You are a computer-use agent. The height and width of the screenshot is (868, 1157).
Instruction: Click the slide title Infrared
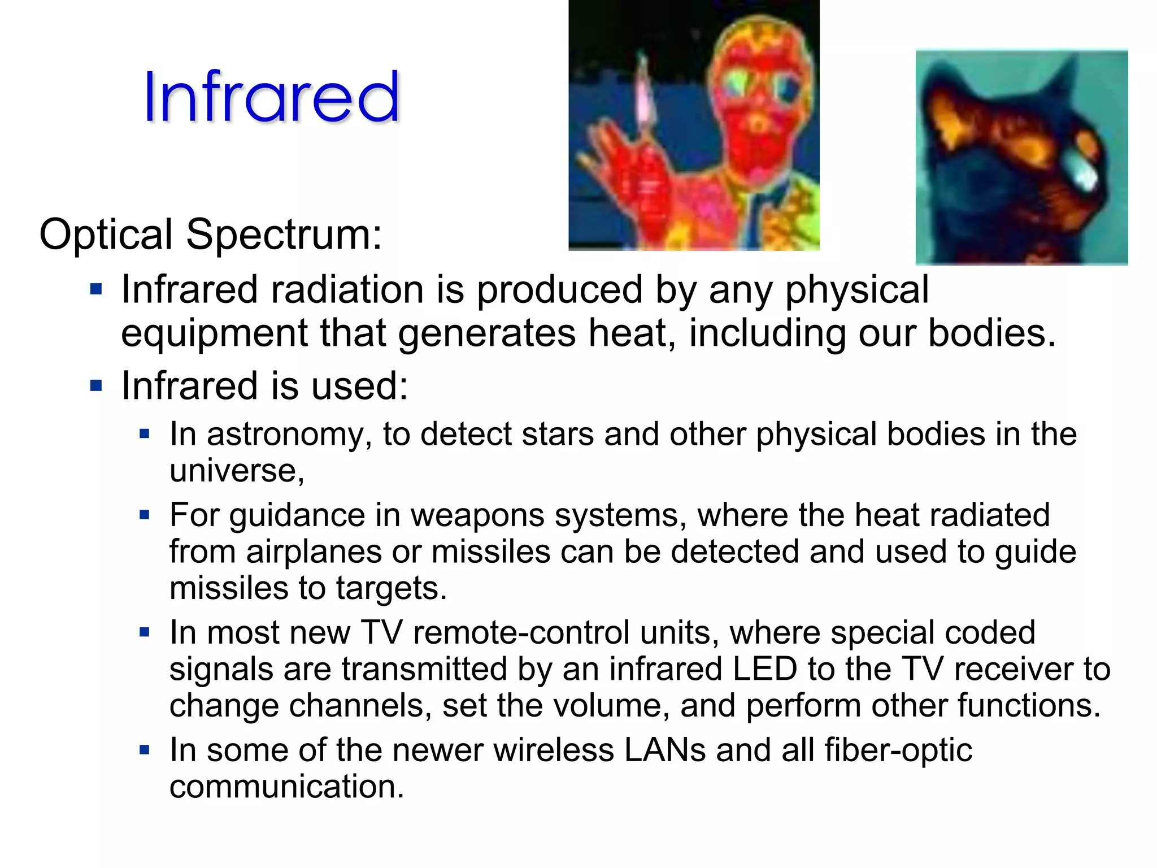click(x=271, y=97)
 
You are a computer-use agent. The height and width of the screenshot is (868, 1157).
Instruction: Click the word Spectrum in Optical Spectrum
click(x=284, y=235)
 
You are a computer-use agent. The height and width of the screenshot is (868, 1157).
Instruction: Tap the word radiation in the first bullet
click(x=347, y=290)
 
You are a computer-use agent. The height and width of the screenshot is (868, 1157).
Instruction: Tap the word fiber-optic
click(x=898, y=750)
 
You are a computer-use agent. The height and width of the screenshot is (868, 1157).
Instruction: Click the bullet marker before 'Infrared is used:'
click(x=97, y=387)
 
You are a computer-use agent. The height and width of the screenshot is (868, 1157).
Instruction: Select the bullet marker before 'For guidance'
click(x=145, y=515)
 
